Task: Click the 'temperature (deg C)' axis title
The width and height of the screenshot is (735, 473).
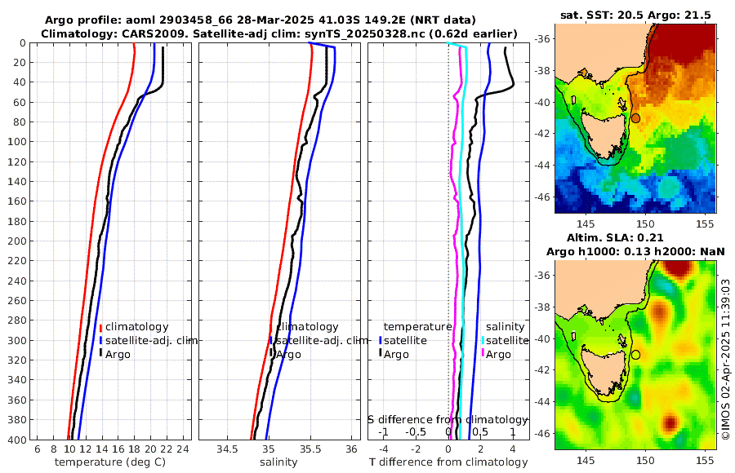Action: click(109, 462)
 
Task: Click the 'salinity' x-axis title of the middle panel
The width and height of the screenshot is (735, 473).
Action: click(278, 462)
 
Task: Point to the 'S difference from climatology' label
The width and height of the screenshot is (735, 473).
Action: click(448, 418)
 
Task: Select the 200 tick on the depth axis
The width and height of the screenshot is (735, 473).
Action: click(18, 241)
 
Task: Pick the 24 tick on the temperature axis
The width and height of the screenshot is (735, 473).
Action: click(183, 449)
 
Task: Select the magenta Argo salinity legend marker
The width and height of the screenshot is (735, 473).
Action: click(483, 354)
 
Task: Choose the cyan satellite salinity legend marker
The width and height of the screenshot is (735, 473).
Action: click(483, 340)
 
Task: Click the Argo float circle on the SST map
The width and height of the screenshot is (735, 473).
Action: click(635, 118)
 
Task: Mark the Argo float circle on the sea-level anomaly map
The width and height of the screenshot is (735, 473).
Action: click(635, 355)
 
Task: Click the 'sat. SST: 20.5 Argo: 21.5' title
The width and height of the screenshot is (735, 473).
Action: click(635, 15)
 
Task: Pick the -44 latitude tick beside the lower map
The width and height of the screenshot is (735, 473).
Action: click(542, 402)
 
